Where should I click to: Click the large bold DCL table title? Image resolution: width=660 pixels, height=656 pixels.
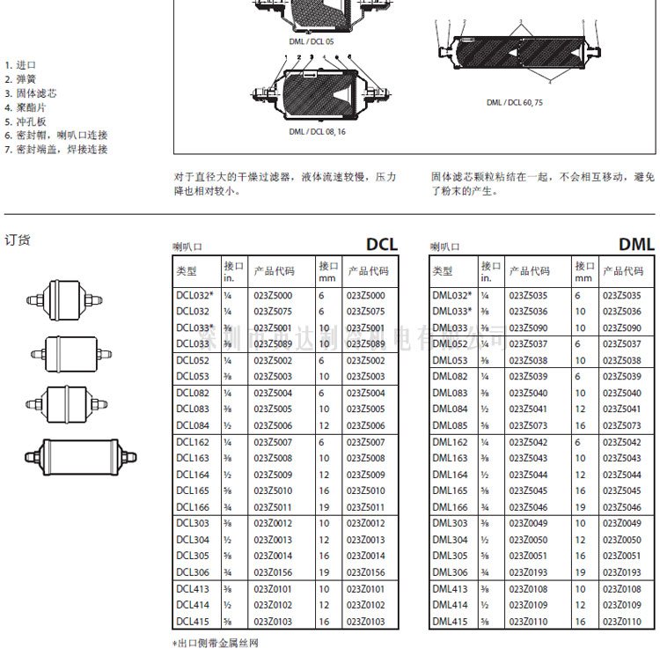[382, 244]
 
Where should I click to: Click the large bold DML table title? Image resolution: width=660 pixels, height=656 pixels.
[636, 244]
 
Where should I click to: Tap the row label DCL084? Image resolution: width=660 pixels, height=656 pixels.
[192, 426]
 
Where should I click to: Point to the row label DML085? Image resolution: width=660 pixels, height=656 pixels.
[449, 426]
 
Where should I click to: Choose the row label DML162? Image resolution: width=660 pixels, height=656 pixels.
[449, 442]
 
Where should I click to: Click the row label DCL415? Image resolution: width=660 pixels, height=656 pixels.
[192, 622]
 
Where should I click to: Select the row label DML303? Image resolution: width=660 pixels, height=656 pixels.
[449, 523]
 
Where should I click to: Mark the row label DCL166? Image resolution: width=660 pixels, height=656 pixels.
[192, 506]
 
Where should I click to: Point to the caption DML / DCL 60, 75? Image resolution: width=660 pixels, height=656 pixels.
[515, 102]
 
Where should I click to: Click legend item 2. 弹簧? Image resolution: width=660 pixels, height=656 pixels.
[20, 79]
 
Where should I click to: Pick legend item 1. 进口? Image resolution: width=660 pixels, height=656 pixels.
[20, 65]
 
